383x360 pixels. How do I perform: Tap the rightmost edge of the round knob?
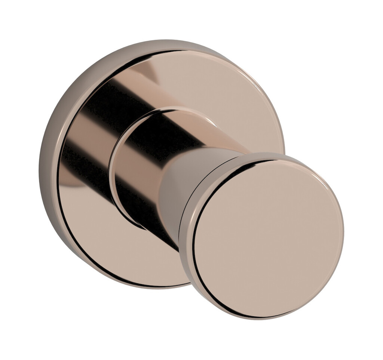pyautogui.click(x=342, y=232)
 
